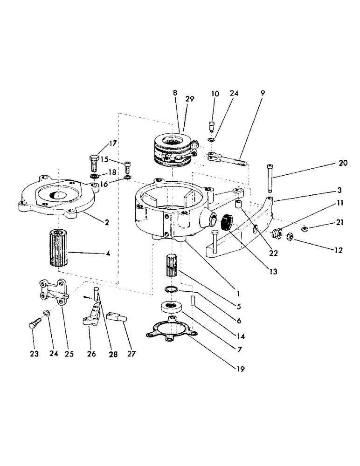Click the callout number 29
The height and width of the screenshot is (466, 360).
click(190, 99)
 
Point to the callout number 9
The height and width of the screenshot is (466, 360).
click(263, 94)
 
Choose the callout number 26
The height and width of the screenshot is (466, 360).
click(91, 354)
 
